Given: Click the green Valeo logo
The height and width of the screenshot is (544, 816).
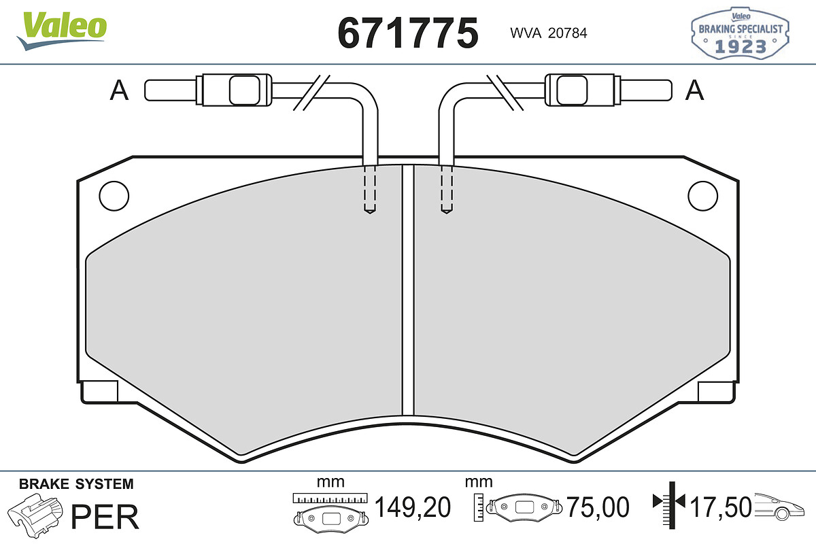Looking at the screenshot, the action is tap(62, 30).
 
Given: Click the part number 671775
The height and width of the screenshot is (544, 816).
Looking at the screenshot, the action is tap(407, 33).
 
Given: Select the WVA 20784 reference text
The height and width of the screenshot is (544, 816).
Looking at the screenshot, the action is tap(549, 33).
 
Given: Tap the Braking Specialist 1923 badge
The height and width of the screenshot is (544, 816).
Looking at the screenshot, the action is tap(740, 33).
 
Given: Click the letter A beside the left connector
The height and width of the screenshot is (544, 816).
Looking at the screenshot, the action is tap(119, 90).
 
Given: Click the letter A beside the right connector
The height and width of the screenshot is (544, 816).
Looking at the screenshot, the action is tap(694, 90).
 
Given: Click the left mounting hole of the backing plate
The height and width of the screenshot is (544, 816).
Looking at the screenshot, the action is tap(114, 196).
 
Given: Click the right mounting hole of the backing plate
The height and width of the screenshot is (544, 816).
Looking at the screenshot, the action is tap(702, 196).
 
